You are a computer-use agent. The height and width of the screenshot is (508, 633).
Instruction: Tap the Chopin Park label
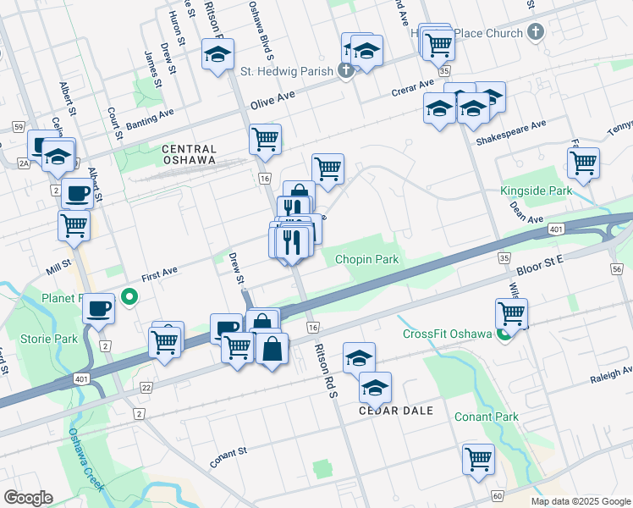(x=366, y=259)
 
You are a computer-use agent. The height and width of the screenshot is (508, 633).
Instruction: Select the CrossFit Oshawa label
(x=447, y=334)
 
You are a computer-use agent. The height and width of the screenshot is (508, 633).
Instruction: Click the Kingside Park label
(x=536, y=191)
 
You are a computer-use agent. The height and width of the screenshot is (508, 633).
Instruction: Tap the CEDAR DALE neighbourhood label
(x=396, y=411)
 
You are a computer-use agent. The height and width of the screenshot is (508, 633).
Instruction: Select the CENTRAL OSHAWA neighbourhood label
(x=189, y=153)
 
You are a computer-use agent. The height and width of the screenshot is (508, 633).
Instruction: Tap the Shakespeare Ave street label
(x=511, y=130)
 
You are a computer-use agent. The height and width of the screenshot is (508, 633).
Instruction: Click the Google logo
(x=28, y=498)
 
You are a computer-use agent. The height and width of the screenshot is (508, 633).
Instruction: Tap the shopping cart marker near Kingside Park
(x=583, y=163)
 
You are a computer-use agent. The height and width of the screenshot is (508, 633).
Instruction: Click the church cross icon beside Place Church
(x=534, y=33)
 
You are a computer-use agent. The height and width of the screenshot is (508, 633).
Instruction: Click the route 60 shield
(x=498, y=495)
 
